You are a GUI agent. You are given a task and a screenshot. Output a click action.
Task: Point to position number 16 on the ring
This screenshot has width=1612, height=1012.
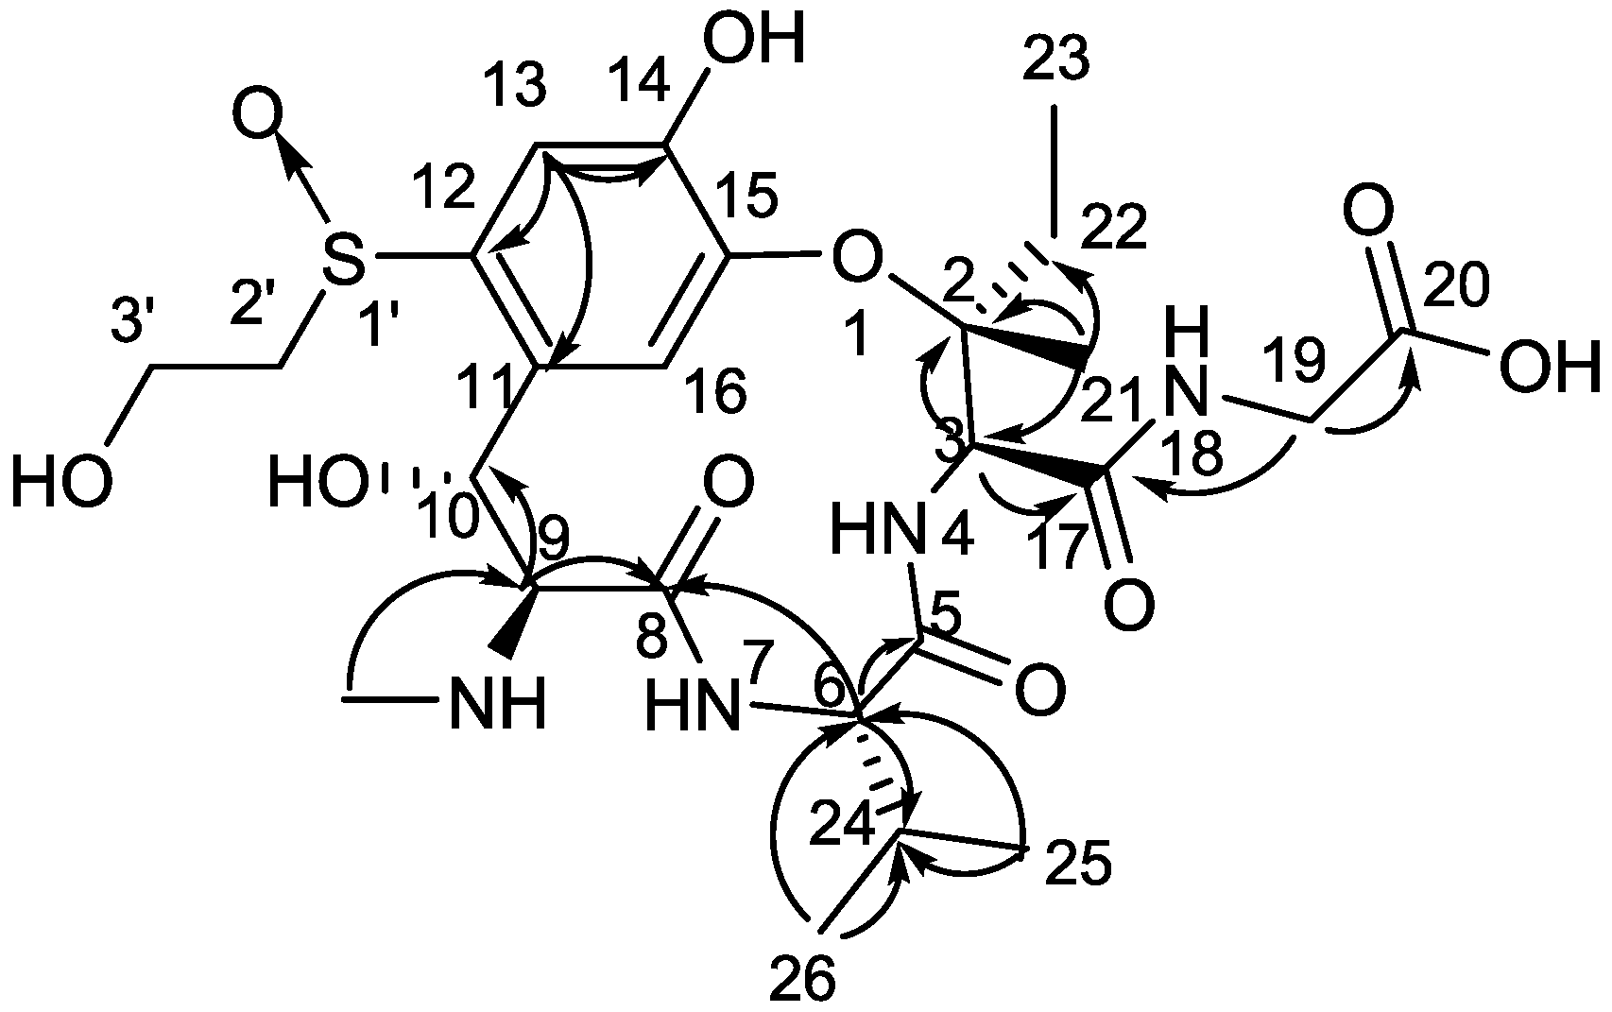(716, 391)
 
